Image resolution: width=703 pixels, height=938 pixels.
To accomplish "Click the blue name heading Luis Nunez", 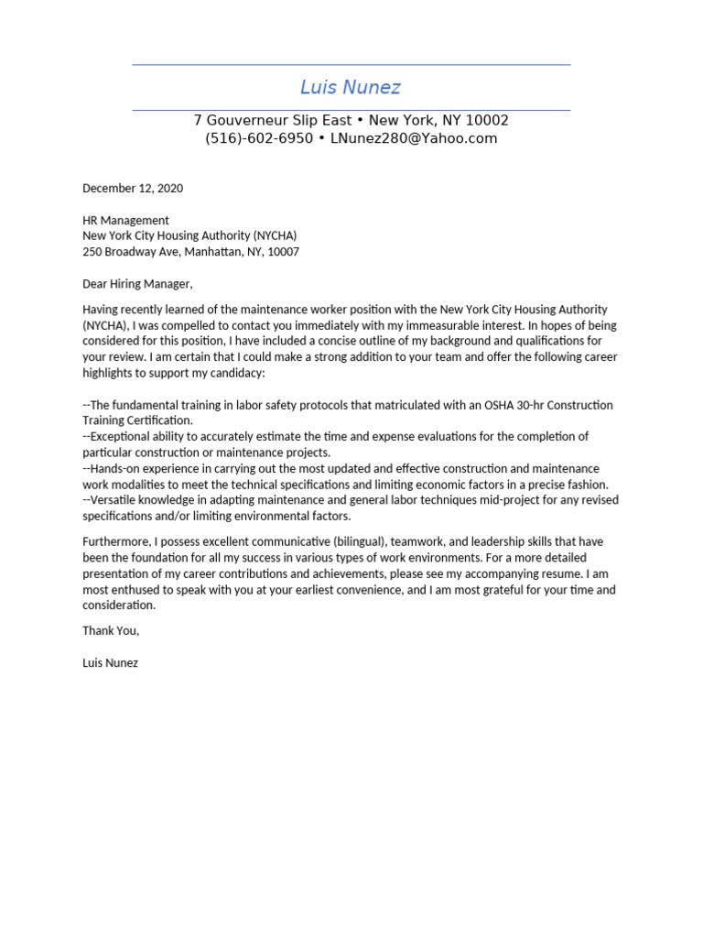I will [351, 88].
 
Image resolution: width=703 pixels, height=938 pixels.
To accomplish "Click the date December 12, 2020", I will [133, 189].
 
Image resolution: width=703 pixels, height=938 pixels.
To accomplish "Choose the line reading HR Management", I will [125, 220].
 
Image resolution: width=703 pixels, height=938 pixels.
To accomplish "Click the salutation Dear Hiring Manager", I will [137, 283].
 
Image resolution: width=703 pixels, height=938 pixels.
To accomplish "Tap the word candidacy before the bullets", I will [233, 373].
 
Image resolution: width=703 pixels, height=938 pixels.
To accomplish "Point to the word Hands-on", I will [115, 468].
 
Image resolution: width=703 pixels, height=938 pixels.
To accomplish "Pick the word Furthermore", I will [118, 541].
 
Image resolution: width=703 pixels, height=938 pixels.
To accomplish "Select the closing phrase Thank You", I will [110, 630].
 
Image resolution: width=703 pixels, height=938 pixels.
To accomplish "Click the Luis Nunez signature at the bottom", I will [110, 662].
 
